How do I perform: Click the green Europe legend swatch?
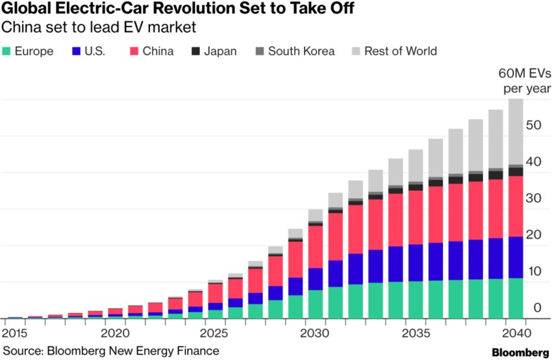click(7, 51)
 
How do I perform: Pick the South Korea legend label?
click(301, 51)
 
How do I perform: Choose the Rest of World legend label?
click(401, 51)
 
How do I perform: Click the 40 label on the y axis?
click(534, 162)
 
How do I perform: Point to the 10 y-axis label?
click(534, 271)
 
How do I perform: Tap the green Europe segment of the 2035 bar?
click(416, 300)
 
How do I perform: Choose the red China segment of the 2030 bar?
click(316, 246)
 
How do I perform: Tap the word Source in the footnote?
click(20, 351)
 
